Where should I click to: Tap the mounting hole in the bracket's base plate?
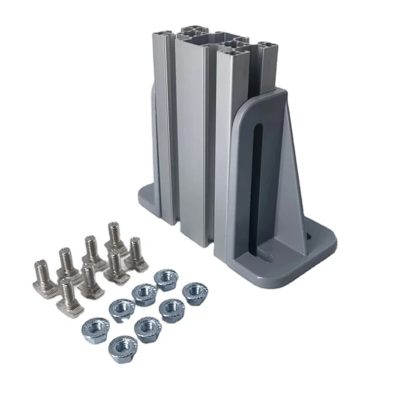[x=309, y=235]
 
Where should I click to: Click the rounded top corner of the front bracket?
[x=281, y=93]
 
